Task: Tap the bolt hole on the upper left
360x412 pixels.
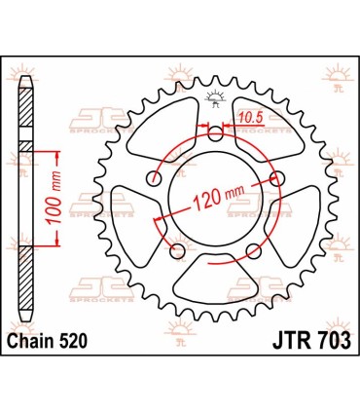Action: [x=154, y=178]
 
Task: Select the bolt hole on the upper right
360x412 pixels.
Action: [x=276, y=177]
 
